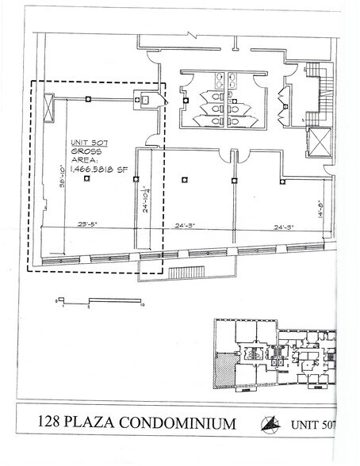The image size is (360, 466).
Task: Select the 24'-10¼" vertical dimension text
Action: (145, 205)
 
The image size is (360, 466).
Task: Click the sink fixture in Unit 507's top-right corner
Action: (146, 101)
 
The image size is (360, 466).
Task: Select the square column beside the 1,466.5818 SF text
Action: (86, 178)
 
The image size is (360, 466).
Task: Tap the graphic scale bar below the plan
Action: (99, 299)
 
